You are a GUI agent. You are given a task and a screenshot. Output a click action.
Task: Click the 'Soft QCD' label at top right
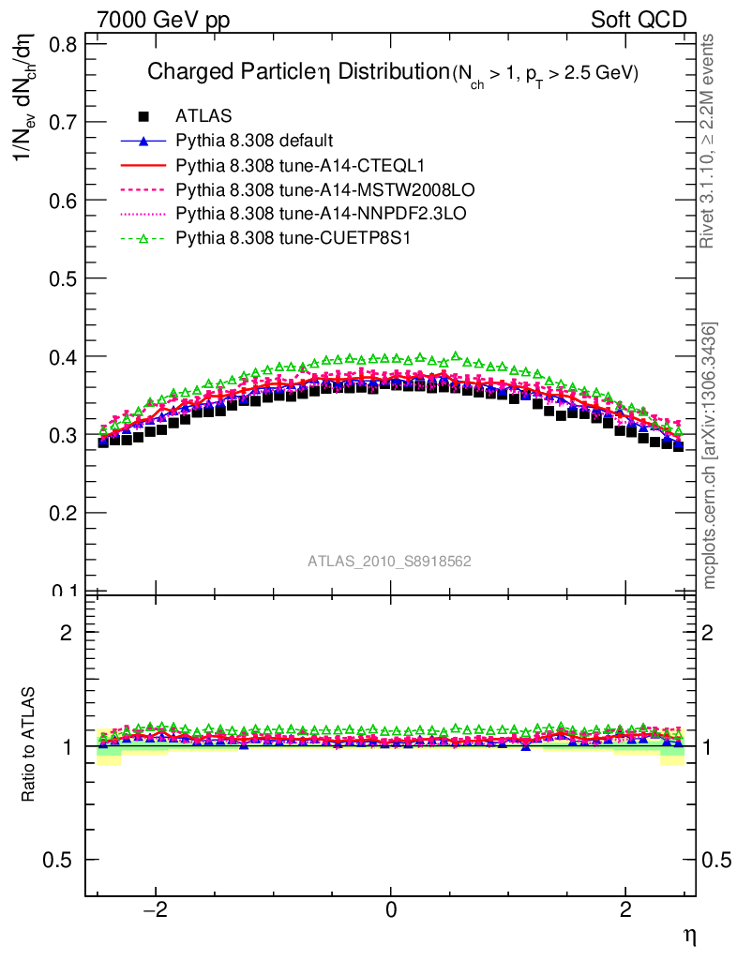click(639, 19)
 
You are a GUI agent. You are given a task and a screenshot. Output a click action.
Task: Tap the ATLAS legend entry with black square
click(203, 116)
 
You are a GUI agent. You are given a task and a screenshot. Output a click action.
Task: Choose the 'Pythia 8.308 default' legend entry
click(254, 141)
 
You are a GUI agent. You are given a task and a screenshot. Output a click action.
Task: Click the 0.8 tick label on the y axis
click(64, 44)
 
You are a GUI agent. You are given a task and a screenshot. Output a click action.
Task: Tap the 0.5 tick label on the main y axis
click(64, 278)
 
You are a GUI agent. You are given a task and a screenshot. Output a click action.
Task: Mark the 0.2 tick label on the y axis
click(64, 513)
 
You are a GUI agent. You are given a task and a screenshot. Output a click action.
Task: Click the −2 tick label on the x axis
click(152, 911)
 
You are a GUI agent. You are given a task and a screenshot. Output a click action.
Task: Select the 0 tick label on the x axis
click(391, 911)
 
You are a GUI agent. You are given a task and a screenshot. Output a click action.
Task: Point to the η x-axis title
click(688, 935)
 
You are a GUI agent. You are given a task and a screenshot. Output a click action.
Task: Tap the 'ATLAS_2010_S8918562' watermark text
click(389, 562)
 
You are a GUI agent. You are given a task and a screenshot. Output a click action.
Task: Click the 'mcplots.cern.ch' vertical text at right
click(711, 456)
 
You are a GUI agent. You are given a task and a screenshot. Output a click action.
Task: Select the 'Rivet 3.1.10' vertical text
click(709, 141)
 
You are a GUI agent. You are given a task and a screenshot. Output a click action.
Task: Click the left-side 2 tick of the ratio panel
click(67, 632)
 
